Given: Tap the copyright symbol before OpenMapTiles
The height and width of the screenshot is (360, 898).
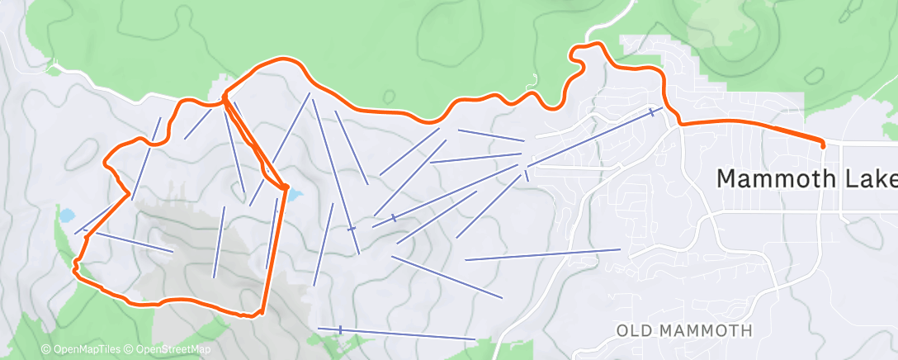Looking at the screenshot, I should point(46,350).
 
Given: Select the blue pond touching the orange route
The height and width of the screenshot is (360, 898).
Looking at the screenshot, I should point(294,196).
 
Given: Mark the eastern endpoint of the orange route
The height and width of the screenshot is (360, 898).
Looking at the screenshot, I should point(823,145).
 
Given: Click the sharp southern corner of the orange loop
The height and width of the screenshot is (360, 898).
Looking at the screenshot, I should point(259,312).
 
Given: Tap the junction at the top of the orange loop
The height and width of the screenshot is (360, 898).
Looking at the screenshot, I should point(224,101).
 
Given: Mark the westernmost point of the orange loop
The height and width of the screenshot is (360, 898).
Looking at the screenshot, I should point(75,265).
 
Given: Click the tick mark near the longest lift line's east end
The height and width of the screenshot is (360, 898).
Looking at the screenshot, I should point(652,111).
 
